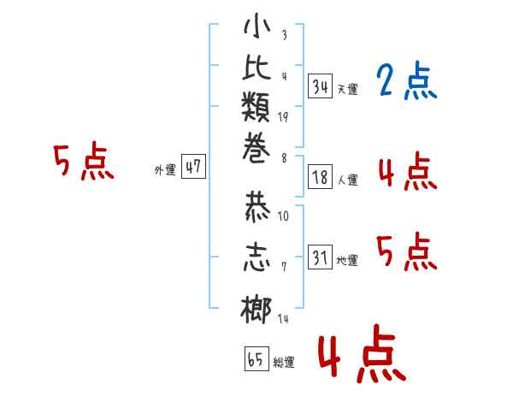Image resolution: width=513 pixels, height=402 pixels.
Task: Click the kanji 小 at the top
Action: (x=257, y=26)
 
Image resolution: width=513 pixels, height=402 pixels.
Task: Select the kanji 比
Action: (x=256, y=67)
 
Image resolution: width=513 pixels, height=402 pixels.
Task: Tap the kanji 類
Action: (x=256, y=107)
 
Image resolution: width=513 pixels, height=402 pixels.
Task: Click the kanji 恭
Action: (x=257, y=206)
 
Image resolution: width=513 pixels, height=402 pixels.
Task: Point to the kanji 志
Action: (x=256, y=257)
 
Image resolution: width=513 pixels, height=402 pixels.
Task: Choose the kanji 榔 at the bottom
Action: (x=256, y=310)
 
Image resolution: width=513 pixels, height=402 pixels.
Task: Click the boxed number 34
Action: (x=321, y=86)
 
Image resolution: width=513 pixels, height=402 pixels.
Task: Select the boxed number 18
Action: (x=321, y=177)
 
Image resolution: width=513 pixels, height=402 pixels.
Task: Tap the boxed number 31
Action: (x=321, y=257)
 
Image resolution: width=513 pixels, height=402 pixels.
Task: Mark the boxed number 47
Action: (x=193, y=166)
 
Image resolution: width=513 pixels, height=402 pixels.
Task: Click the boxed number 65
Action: (x=256, y=358)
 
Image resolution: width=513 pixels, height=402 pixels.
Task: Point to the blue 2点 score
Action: (x=406, y=80)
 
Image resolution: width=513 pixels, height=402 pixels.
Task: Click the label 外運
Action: (x=165, y=170)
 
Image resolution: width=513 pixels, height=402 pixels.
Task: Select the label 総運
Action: (x=284, y=363)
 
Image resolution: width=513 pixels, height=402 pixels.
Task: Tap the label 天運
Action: (x=347, y=89)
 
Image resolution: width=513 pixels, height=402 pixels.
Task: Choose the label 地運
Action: (x=347, y=260)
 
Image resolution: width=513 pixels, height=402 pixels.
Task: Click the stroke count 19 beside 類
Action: (x=283, y=117)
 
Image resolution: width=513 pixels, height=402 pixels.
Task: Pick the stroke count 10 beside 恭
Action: (x=283, y=216)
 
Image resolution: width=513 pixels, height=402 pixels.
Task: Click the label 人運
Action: (x=347, y=180)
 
